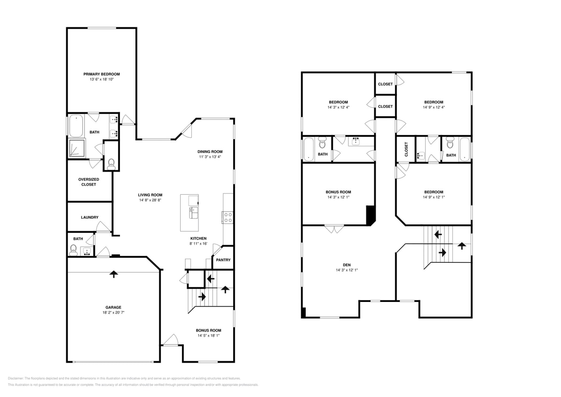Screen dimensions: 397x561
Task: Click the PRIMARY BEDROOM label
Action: pos(102,74)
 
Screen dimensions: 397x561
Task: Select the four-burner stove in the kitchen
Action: pos(228,217)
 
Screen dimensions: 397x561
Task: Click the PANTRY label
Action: pos(223,260)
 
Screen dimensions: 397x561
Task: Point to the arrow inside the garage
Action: pos(113,274)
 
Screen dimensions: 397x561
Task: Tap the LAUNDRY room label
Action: pos(89,217)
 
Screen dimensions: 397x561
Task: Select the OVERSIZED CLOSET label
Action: pos(87,182)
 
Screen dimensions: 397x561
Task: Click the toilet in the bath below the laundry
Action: pos(74,249)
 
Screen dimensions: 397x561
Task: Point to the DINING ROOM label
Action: pos(210,151)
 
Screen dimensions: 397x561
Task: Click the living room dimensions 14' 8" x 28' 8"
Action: pos(150,200)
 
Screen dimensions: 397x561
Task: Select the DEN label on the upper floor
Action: pos(347,265)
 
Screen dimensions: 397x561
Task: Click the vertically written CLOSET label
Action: pos(406,149)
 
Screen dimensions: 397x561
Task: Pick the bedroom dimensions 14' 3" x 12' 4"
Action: pos(338,107)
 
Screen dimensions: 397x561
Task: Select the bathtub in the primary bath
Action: pos(76,126)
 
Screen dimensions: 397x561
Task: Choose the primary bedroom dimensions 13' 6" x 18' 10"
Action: pos(102,79)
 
